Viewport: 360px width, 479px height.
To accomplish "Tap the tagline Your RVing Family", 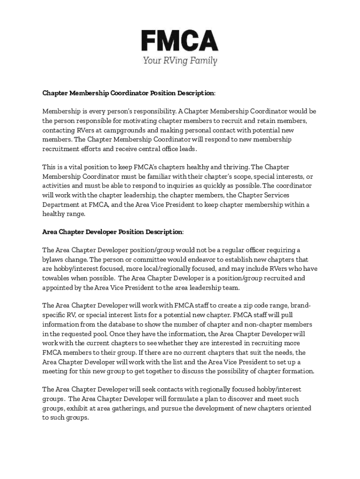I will [180, 60].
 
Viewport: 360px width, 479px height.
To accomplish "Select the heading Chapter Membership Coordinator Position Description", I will [129, 93].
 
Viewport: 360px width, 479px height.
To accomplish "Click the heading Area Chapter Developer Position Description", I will [113, 232].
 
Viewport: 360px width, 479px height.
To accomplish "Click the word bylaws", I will [52, 260].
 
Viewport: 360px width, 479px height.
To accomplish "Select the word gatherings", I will [128, 408].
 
